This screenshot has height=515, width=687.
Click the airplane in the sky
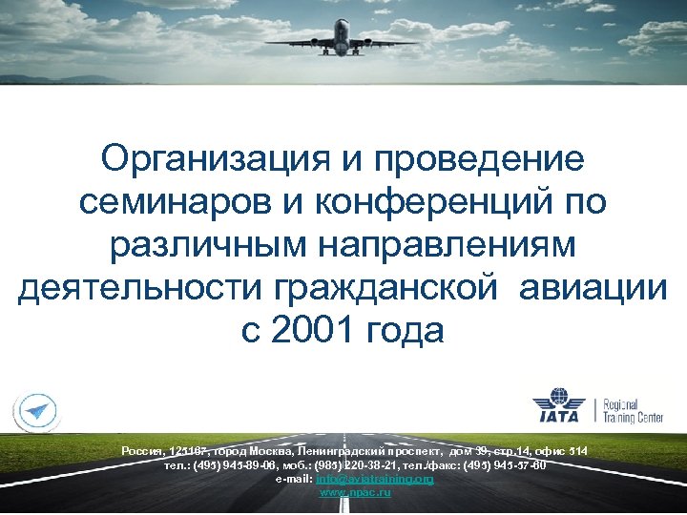[343, 37]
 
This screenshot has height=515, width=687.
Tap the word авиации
[593, 289]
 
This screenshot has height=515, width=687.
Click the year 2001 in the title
[313, 331]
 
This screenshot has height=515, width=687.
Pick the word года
[405, 331]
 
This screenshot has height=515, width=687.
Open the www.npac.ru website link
[355, 492]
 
